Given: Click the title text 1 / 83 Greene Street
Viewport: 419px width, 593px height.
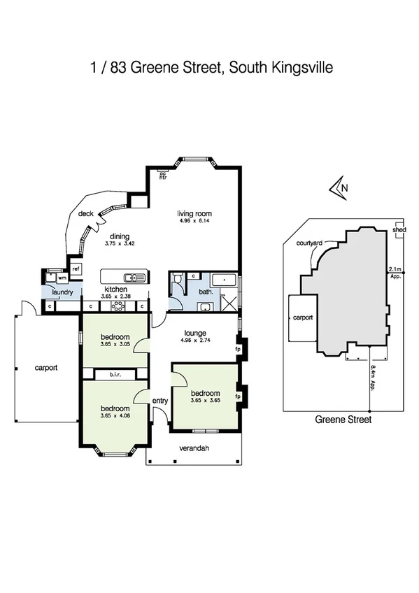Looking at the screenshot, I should pyautogui.click(x=209, y=69).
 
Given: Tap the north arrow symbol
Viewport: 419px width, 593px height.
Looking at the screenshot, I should pyautogui.click(x=339, y=188).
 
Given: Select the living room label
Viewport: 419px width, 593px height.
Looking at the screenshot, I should pyautogui.click(x=194, y=214).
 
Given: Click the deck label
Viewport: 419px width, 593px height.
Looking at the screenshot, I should pyautogui.click(x=86, y=214).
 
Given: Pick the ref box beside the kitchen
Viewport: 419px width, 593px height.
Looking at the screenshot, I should pyautogui.click(x=75, y=268).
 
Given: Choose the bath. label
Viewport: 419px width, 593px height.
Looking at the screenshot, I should pyautogui.click(x=206, y=292).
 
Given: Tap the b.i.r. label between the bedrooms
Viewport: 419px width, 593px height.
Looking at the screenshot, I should pyautogui.click(x=115, y=376).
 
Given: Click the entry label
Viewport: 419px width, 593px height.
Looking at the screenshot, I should pyautogui.click(x=160, y=400).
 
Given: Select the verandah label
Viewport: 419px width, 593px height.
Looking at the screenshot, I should pyautogui.click(x=194, y=448).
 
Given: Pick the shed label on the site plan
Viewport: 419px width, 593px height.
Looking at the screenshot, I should pyautogui.click(x=399, y=229).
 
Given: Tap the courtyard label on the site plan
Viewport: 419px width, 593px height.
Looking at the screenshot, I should pyautogui.click(x=308, y=242).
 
